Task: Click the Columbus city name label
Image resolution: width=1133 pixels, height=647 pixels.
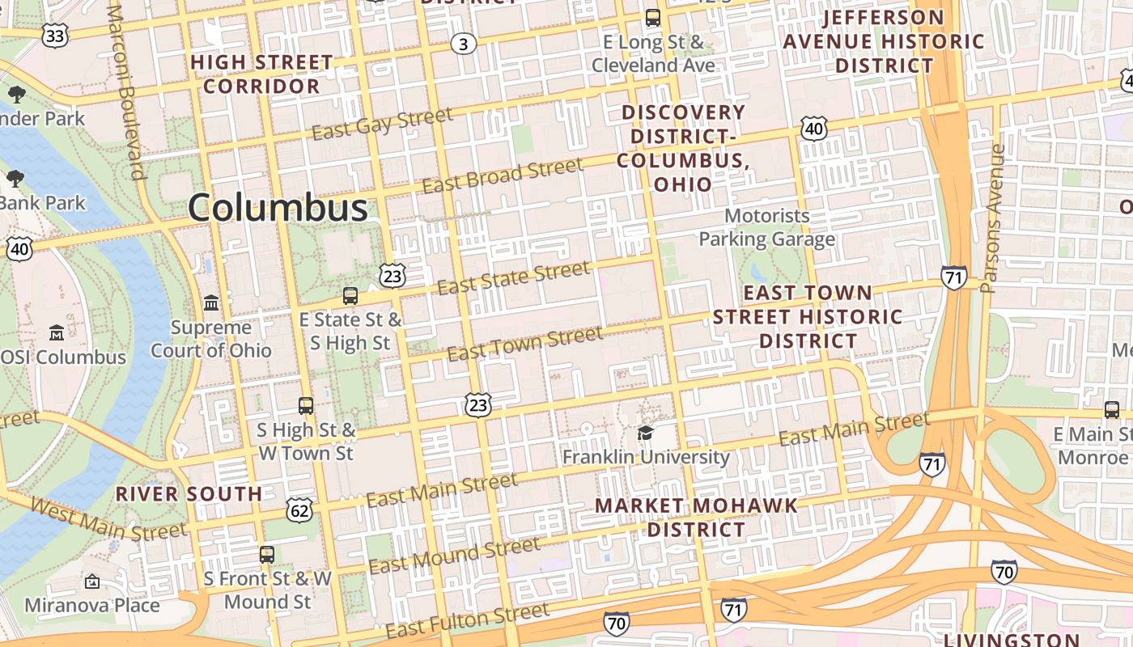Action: pos(278,208)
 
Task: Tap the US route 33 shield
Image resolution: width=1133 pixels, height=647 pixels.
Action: pos(55,34)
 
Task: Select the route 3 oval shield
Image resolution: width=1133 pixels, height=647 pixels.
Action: pos(463,44)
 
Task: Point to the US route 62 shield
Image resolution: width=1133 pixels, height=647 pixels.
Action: pos(299,510)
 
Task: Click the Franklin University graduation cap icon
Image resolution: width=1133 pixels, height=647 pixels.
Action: pos(645,433)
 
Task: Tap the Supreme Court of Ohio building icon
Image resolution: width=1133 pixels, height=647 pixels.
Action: pos(211,303)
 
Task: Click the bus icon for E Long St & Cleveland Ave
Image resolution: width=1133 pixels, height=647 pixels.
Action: pos(652,18)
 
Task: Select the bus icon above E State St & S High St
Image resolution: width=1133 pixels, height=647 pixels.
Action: pos(350,296)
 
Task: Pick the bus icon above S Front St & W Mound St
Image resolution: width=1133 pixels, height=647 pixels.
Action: pos(267,555)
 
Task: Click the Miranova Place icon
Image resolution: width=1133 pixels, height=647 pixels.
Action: pos(92,581)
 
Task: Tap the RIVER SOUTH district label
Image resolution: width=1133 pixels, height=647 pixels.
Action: pos(189,494)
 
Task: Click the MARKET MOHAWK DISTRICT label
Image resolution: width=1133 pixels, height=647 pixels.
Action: pos(696,518)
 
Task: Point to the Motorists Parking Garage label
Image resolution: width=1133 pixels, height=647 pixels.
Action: pos(766,227)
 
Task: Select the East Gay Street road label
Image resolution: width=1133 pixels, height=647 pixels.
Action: pos(382,124)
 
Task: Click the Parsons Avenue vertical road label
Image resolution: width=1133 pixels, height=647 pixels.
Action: pos(995,218)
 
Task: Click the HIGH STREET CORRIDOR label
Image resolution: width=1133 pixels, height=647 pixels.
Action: pos(261,74)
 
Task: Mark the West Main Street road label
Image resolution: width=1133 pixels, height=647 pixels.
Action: pos(108,520)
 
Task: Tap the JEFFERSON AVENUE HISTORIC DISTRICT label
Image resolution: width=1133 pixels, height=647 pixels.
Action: pos(884,41)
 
